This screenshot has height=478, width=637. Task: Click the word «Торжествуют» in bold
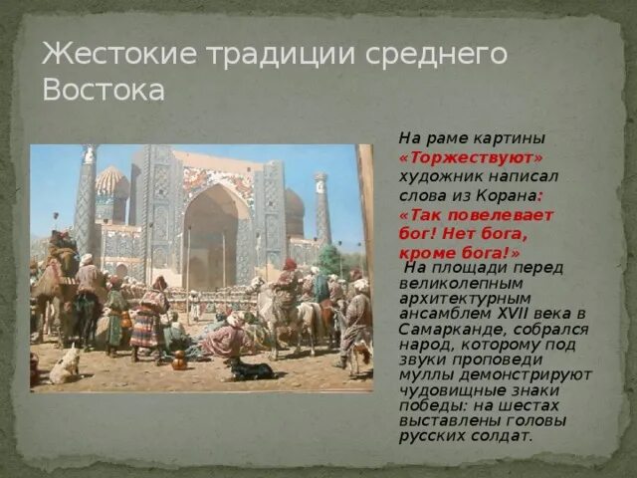click(x=472, y=157)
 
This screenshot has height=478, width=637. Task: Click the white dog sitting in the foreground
click(x=64, y=364)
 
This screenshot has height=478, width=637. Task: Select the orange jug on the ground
click(x=179, y=359)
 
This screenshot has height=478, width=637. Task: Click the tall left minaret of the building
click(x=87, y=199)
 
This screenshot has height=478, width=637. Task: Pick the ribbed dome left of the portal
click(x=112, y=185)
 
